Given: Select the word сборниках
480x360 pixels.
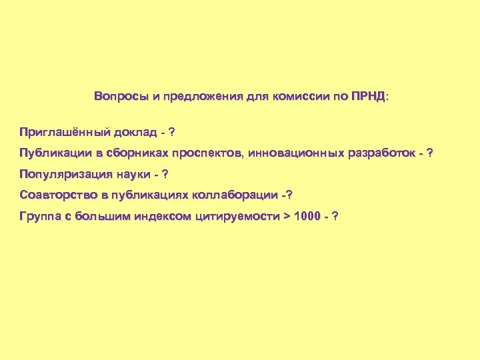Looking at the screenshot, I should coord(136,153).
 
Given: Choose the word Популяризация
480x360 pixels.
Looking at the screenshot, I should coord(59,175).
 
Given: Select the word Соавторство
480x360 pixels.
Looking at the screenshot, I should coord(55,195).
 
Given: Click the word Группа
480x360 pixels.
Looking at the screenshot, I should coord(40,217).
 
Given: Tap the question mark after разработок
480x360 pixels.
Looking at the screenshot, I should coord(429,153).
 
